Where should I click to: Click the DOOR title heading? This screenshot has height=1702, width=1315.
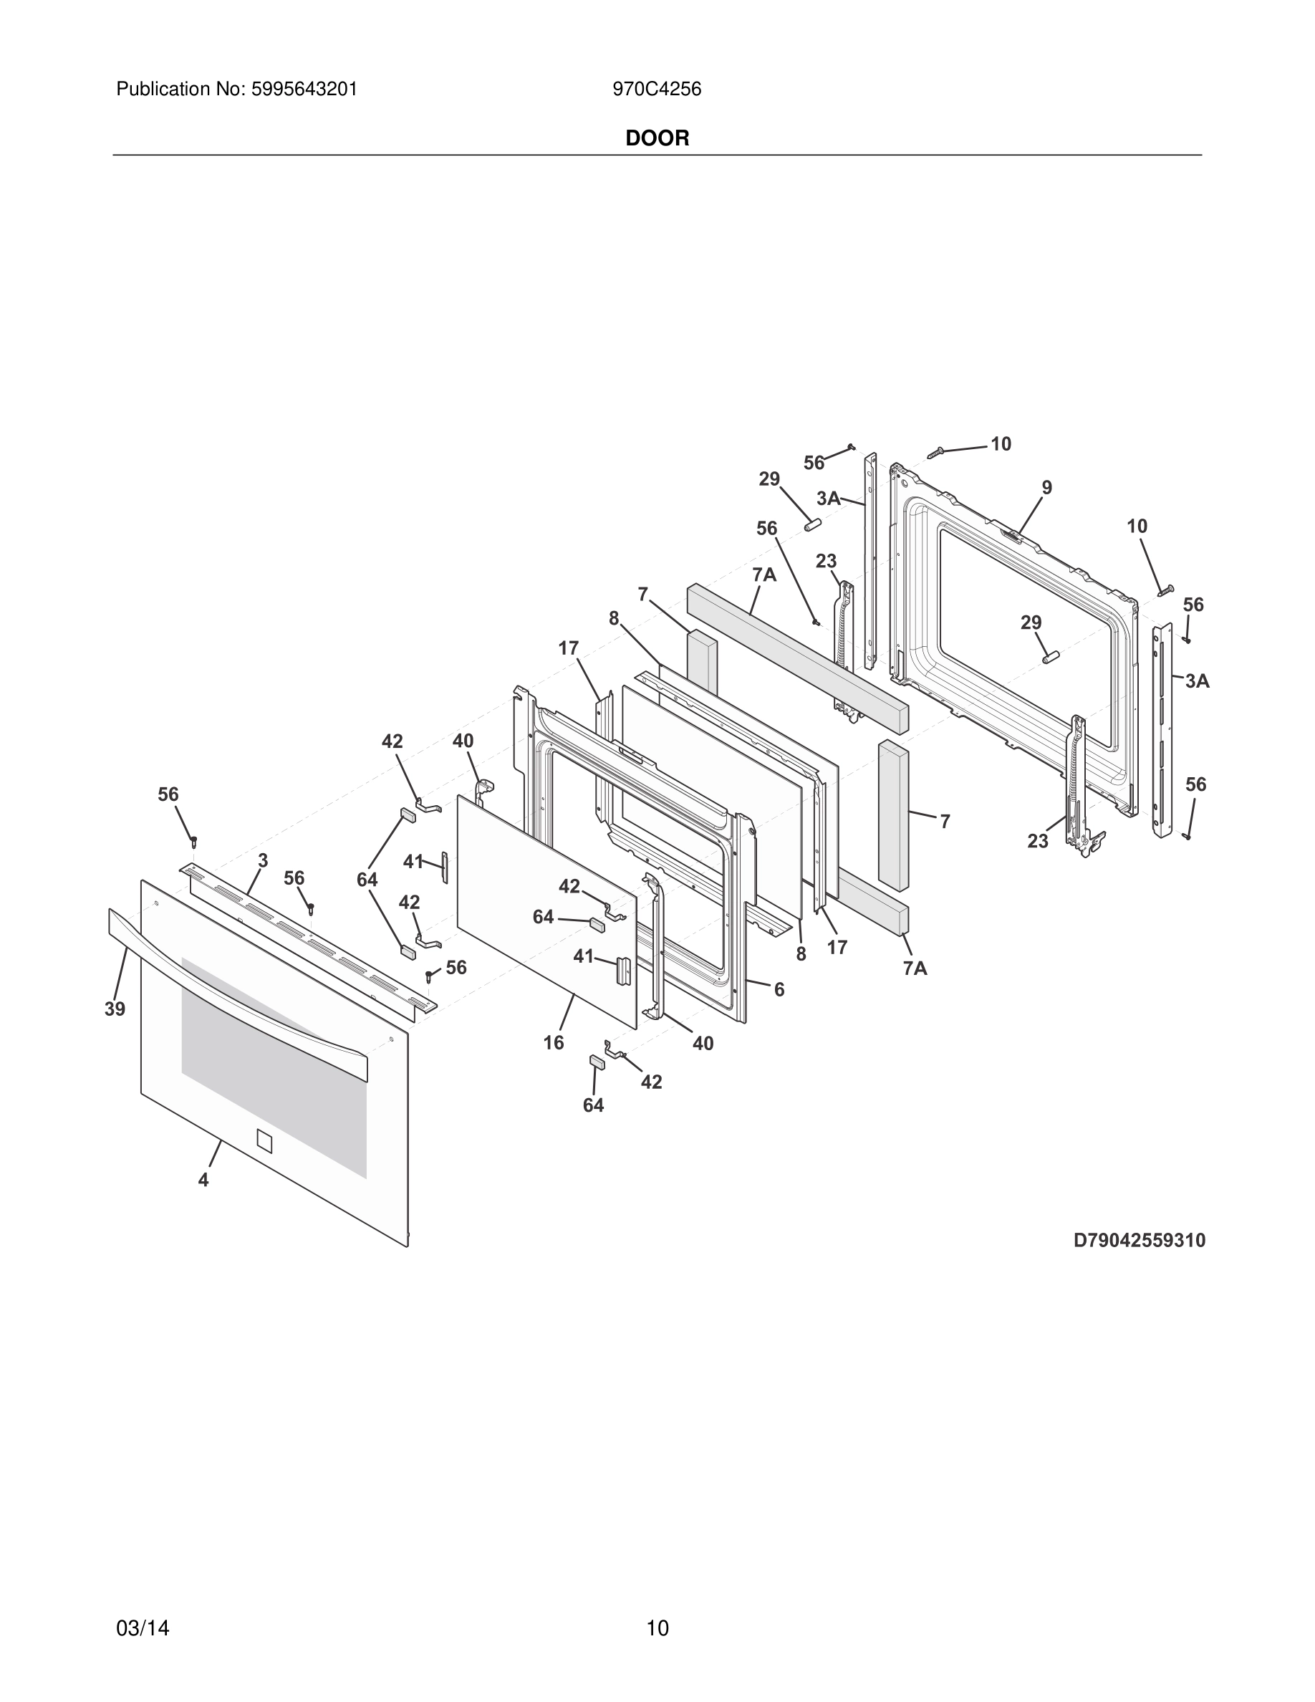pos(657,139)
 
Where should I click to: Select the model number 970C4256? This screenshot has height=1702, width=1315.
pos(657,90)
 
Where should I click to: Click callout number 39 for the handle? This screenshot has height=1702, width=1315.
pos(115,1009)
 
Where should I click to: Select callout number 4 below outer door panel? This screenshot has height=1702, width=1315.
pos(203,1180)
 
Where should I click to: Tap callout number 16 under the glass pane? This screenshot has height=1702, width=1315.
pos(553,1043)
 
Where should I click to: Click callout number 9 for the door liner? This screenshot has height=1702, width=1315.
pos(1047,488)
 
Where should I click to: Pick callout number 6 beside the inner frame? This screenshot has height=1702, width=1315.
pos(779,990)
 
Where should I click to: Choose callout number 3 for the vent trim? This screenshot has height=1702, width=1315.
pos(264,860)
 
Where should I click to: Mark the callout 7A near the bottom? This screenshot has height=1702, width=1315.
pos(915,968)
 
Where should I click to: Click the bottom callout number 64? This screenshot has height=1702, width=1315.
pos(593,1105)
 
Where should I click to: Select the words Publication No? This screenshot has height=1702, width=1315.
pos(180,90)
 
